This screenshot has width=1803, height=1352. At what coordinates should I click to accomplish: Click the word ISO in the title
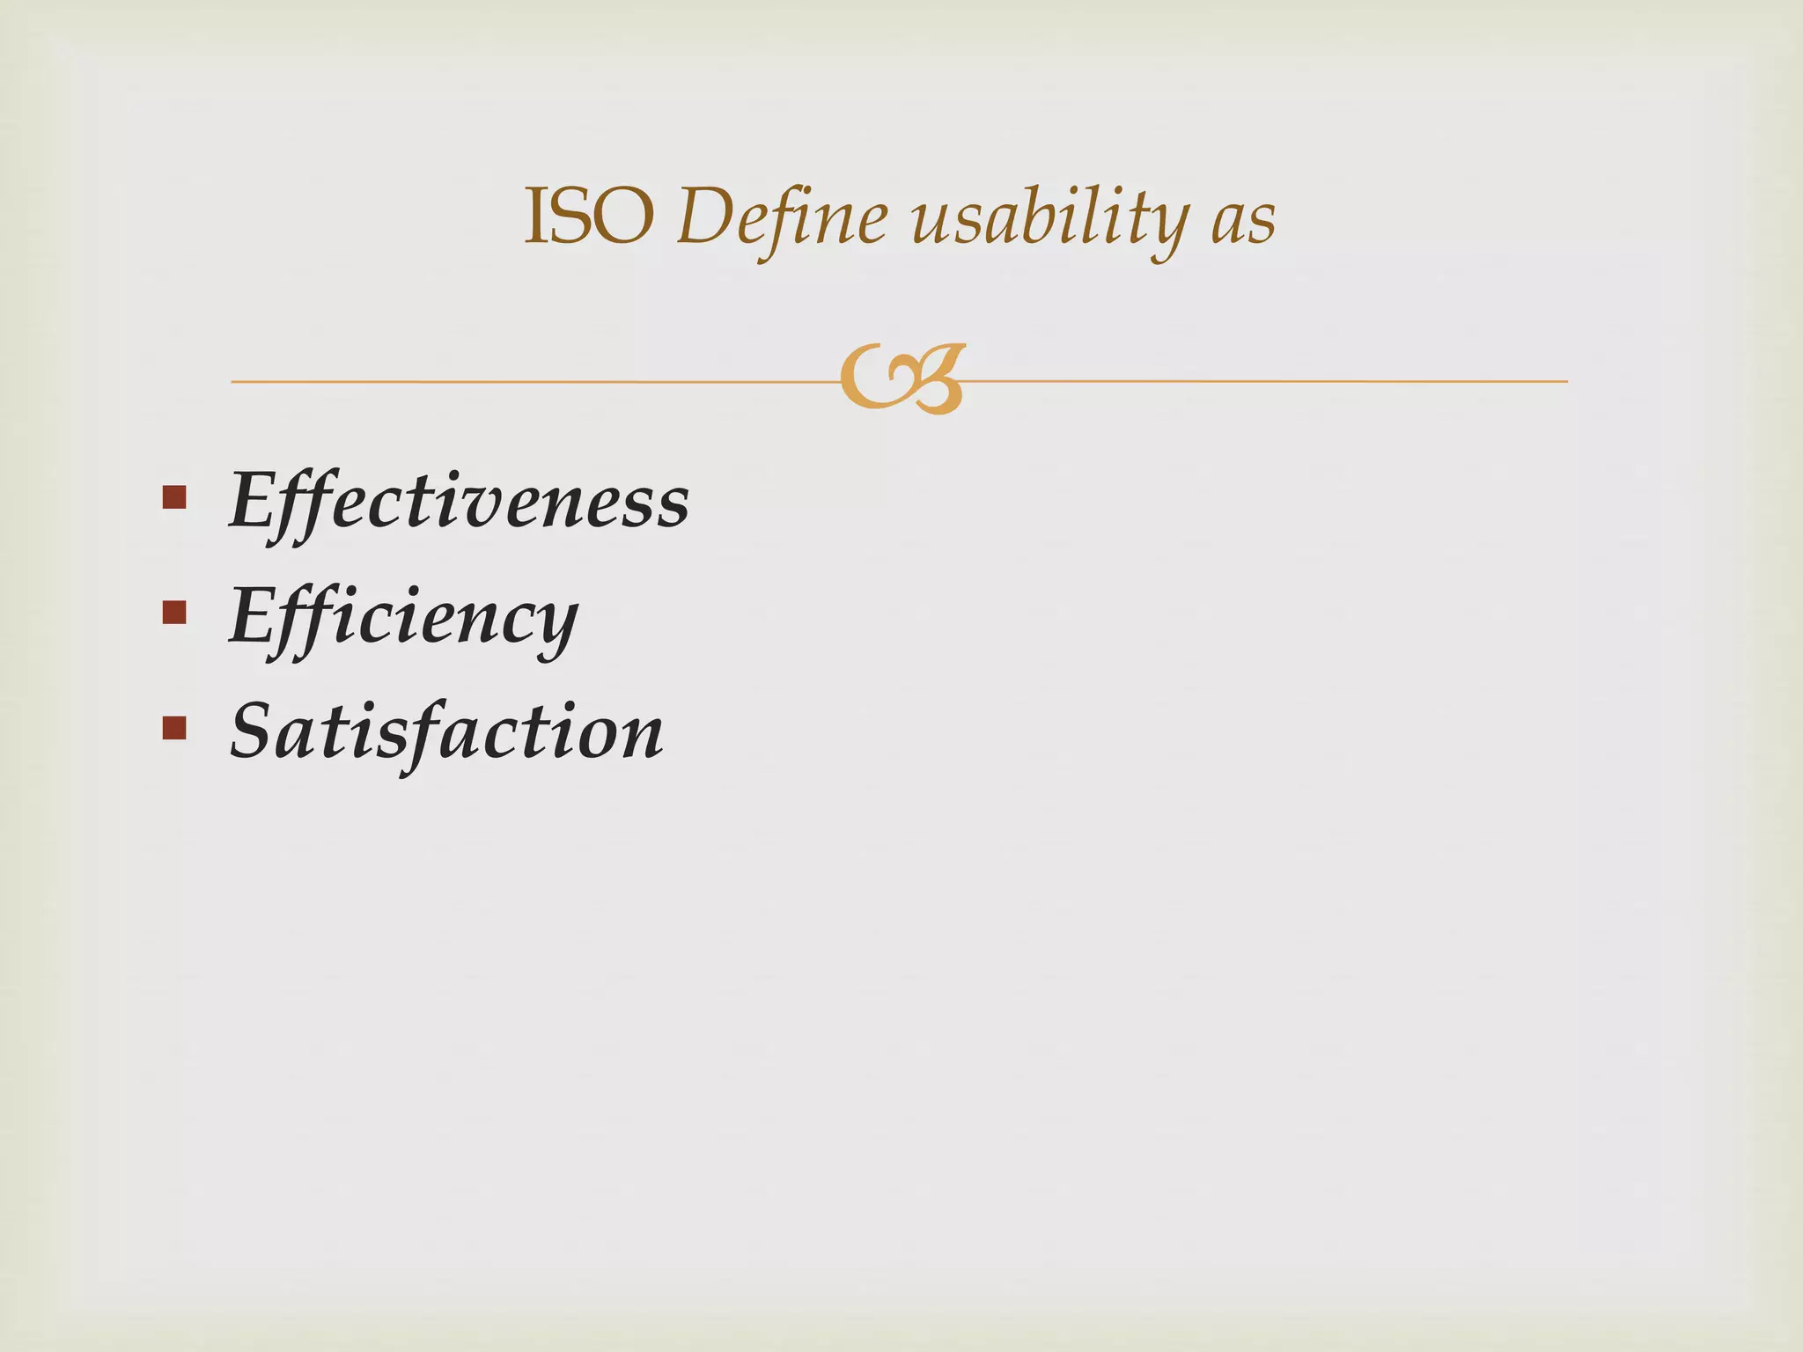588,217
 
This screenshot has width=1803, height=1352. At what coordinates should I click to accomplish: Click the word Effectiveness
459,502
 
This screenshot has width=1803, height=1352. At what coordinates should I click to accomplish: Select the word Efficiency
403,617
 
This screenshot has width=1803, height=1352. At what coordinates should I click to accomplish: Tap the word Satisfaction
446,732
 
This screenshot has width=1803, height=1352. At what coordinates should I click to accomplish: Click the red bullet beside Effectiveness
174,498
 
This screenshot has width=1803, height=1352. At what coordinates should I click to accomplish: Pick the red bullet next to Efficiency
174,613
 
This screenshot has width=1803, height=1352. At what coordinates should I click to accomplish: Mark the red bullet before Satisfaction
174,728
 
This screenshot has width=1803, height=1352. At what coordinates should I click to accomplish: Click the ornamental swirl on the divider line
902,379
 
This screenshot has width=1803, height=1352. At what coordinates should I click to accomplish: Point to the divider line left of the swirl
528,382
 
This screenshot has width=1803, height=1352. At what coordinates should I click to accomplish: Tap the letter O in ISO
625,217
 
